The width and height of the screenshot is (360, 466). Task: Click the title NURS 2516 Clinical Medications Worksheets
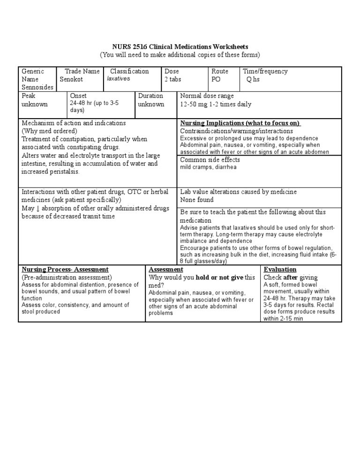[x=180, y=47]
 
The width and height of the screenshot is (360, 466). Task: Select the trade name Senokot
[x=71, y=80]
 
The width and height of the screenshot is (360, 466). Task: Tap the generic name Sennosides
[x=37, y=88]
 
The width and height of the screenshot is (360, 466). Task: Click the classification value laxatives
[x=118, y=79]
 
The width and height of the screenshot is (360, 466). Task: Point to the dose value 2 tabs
[x=173, y=80]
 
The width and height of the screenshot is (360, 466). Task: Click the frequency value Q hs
[x=253, y=80]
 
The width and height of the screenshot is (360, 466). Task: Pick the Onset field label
[x=78, y=96]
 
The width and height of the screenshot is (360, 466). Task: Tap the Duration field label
[x=150, y=96]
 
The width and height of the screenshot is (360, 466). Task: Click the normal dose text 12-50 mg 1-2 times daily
[x=216, y=104]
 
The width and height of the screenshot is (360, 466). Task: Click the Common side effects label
[x=210, y=160]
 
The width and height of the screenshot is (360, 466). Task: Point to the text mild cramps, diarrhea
[x=202, y=167]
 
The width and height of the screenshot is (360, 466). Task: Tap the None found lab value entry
[x=197, y=200]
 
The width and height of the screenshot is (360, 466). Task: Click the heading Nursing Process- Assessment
[x=65, y=270]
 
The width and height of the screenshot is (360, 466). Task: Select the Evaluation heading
[x=280, y=270]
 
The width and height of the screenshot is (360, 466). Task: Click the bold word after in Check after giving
[x=291, y=278]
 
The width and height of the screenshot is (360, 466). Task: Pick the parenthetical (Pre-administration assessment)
[x=67, y=278]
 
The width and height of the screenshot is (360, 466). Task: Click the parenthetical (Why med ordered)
[x=49, y=131]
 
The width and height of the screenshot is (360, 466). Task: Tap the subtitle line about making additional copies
[x=180, y=55]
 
